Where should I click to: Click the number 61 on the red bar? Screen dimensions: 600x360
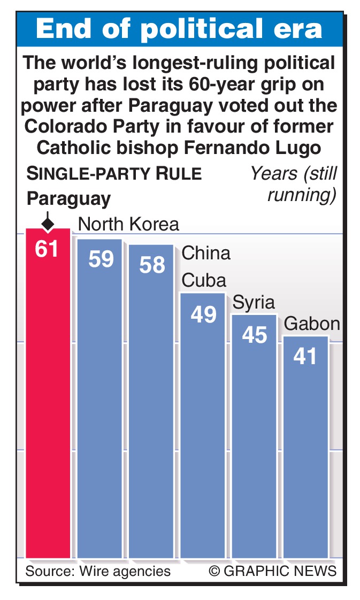coord(47,249)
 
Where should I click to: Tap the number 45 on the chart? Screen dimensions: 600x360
coord(254,335)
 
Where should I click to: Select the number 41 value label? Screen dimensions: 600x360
coord(305,356)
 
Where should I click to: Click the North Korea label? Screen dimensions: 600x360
coord(128,224)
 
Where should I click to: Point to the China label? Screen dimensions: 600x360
coord(206,252)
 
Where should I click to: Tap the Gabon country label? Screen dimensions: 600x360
coord(312,324)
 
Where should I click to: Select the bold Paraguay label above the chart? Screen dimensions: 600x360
coord(68,198)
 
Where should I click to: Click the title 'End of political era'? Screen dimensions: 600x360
coord(180,30)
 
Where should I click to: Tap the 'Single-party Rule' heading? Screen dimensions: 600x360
coord(114,174)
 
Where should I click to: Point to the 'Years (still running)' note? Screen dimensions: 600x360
coord(294,184)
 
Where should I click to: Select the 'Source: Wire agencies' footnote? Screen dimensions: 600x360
coord(98,571)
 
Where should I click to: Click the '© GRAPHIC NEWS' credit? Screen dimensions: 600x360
coord(273,571)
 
